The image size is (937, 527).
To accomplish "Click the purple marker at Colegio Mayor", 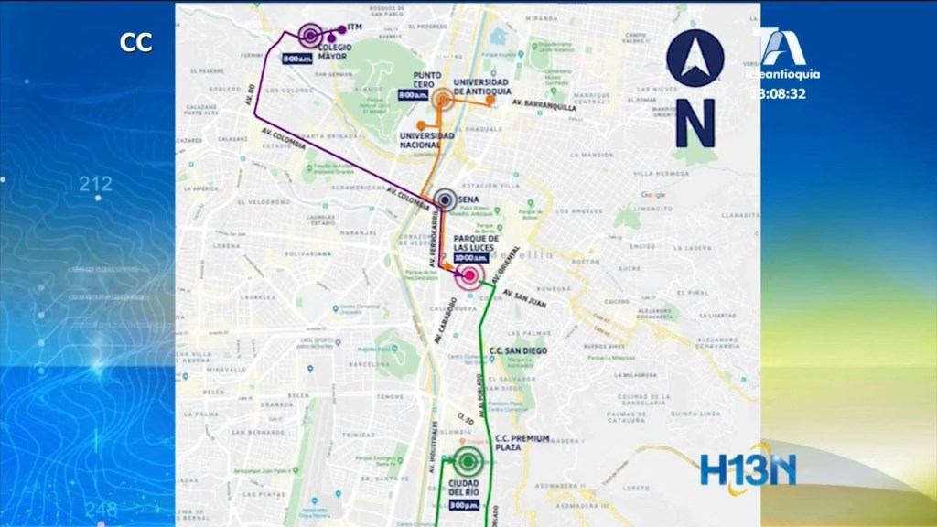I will point(310,37).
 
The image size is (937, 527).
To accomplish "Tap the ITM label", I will point(356,27).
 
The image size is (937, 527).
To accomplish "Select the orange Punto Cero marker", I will point(443,99).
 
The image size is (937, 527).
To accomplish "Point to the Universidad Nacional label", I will point(426,140).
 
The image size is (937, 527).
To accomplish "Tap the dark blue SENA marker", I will point(445,199).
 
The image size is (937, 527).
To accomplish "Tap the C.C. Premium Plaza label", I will point(522,443).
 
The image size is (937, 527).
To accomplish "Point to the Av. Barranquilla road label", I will point(544,105).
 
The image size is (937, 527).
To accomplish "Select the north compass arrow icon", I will point(695,59).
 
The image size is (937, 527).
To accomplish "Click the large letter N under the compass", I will point(695,123).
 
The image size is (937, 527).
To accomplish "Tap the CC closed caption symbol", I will point(135,42).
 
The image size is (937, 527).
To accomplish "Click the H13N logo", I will point(748,469).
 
